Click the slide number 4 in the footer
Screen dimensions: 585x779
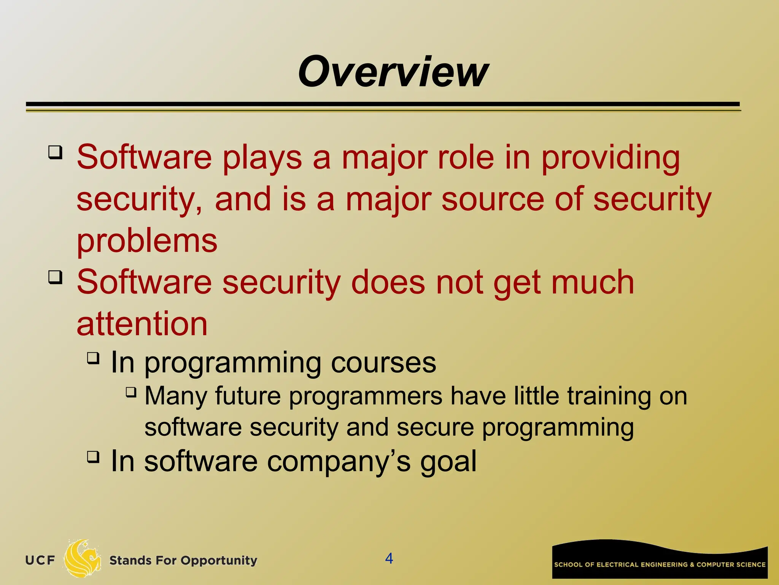tap(389, 558)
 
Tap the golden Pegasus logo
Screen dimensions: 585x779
tap(82, 559)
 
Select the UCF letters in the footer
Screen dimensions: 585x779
tap(40, 560)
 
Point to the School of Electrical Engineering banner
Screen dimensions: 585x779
tap(660, 560)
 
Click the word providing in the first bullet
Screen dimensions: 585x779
tap(610, 158)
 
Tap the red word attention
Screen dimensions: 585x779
tap(142, 324)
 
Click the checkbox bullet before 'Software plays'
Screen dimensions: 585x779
tap(55, 153)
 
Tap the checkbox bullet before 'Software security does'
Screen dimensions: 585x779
tap(55, 277)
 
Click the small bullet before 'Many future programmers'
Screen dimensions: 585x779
tap(131, 392)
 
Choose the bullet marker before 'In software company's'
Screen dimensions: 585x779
tap(93, 456)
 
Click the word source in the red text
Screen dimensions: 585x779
tap(493, 200)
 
